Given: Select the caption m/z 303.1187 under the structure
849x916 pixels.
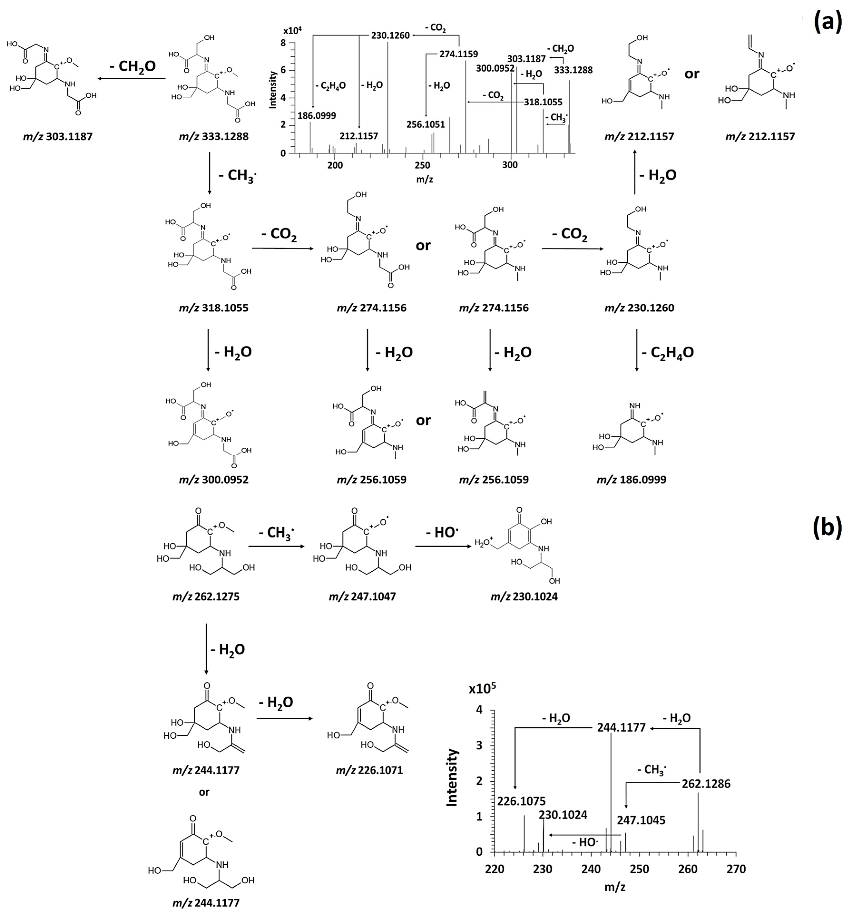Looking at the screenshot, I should pyautogui.click(x=58, y=137).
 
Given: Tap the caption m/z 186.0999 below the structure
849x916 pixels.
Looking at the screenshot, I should pyautogui.click(x=631, y=480).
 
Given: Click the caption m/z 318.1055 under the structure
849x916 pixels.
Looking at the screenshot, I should pyautogui.click(x=214, y=308).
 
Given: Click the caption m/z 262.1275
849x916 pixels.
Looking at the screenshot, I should pyautogui.click(x=206, y=597).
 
